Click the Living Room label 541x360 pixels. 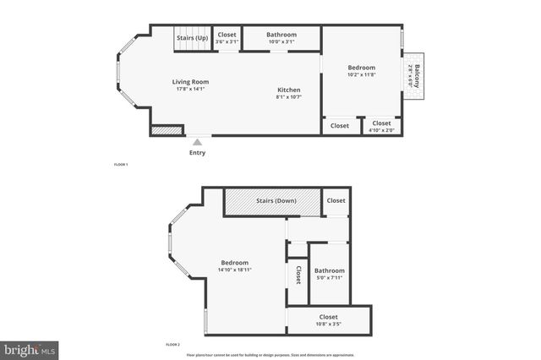(192, 82)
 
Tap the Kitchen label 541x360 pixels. (290, 90)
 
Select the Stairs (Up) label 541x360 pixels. (192, 38)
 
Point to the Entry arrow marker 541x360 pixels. (197, 143)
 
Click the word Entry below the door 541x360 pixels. (197, 153)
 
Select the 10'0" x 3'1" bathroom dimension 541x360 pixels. (280, 41)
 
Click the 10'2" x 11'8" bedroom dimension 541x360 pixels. (362, 74)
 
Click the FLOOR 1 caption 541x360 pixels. (121, 164)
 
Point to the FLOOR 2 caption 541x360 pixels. (173, 346)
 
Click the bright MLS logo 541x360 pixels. (30, 348)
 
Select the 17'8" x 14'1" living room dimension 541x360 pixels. (192, 89)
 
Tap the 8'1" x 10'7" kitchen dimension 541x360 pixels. (290, 97)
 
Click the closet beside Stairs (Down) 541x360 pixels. (336, 201)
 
